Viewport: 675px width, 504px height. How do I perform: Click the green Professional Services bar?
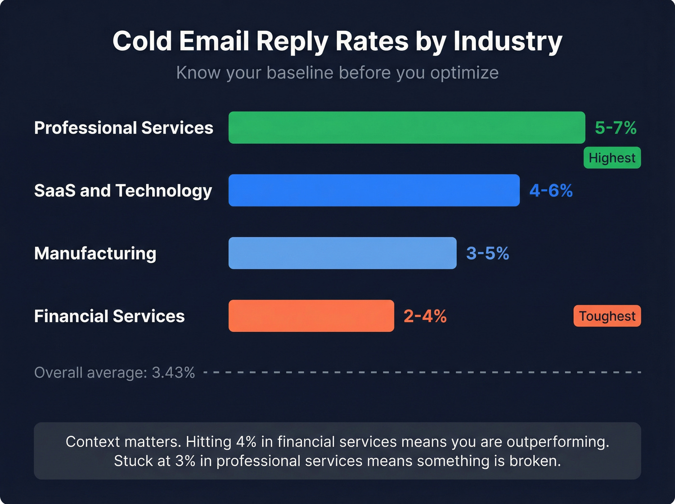406,128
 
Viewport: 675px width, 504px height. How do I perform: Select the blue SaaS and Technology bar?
374,191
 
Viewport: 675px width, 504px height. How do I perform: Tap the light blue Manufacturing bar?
342,253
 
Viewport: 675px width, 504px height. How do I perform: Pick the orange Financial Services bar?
311,316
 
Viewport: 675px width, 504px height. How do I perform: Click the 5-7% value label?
615,128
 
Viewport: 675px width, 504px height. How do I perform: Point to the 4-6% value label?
551,191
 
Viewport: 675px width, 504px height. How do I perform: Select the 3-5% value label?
487,253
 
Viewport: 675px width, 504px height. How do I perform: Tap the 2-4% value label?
425,316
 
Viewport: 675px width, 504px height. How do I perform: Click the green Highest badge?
612,158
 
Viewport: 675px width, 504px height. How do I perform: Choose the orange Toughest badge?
607,316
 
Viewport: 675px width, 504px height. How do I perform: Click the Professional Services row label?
123,128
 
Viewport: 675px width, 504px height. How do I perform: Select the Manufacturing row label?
95,253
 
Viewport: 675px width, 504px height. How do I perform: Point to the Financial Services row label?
109,316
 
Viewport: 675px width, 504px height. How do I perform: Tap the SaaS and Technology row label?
123,191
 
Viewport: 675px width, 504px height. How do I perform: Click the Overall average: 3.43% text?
114,373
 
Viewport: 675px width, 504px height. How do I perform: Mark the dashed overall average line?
422,372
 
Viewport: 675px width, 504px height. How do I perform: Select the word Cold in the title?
142,41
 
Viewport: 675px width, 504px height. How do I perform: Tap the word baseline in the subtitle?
300,73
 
